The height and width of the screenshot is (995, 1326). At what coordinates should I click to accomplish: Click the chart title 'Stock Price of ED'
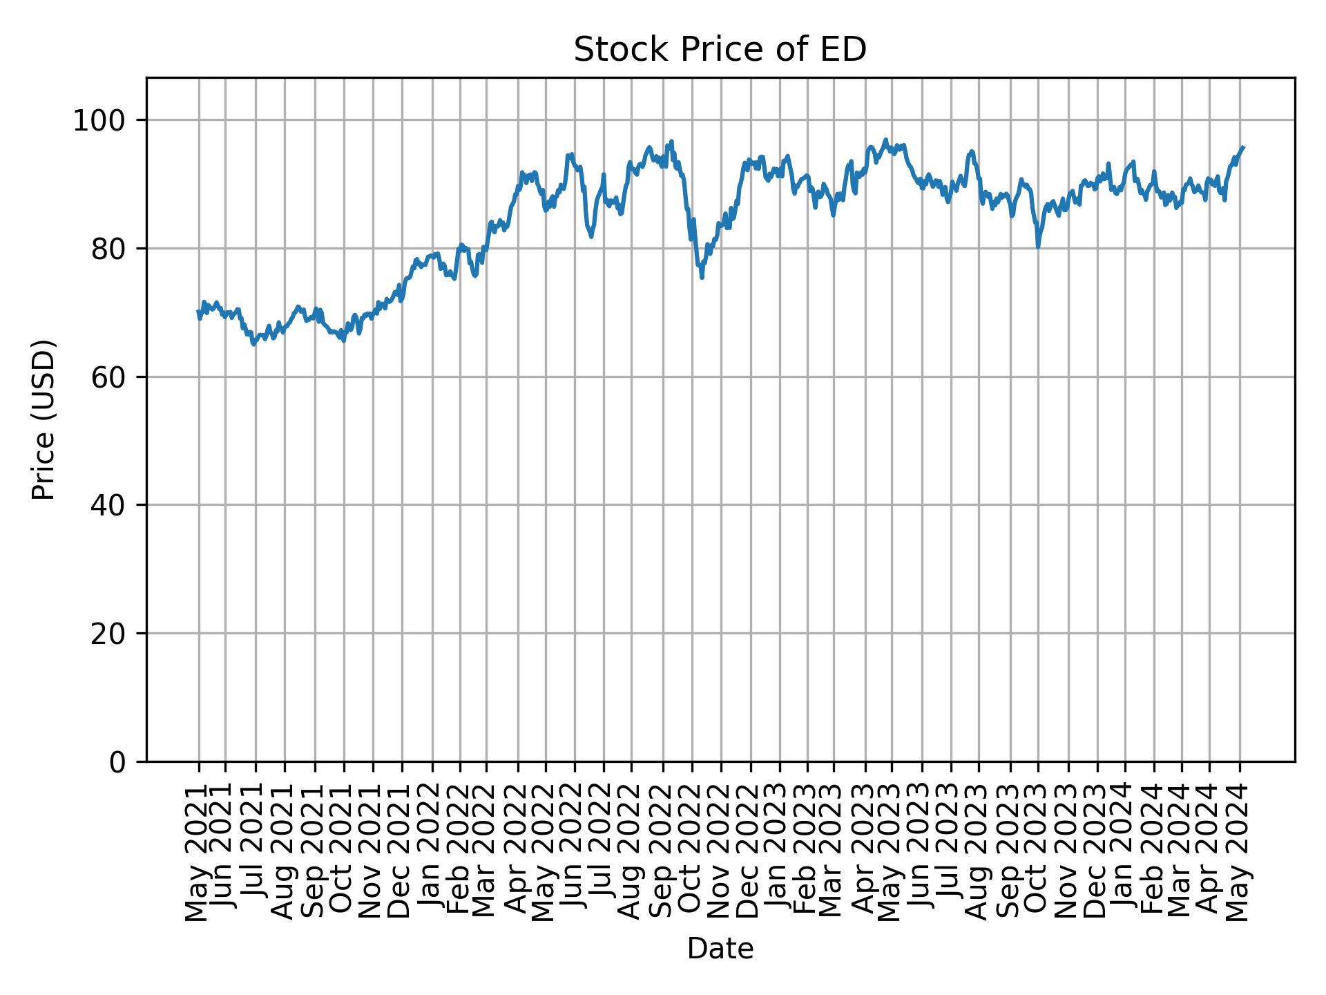click(x=720, y=50)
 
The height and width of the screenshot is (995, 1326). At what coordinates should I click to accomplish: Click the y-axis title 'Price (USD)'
click(x=44, y=419)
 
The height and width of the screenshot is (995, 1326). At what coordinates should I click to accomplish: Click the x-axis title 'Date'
click(x=720, y=949)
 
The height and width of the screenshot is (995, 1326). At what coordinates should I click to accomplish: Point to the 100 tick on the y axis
click(x=104, y=121)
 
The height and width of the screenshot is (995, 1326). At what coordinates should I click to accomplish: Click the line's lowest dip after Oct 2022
click(x=702, y=278)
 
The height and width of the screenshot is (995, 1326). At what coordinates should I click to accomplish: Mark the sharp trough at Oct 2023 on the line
click(x=1038, y=247)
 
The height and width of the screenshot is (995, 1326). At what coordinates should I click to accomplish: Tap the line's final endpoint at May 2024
click(x=1243, y=147)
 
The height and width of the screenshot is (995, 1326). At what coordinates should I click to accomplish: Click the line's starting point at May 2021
click(x=198, y=311)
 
